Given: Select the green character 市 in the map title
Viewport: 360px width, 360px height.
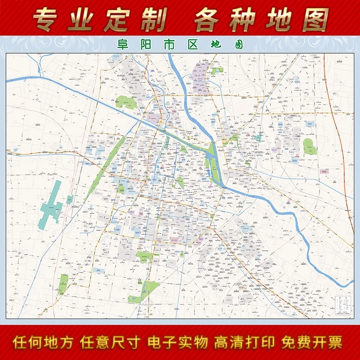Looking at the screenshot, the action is [173, 45].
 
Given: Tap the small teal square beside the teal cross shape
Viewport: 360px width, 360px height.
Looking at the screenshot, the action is [70, 200].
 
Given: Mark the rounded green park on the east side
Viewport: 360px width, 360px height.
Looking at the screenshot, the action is [309, 146].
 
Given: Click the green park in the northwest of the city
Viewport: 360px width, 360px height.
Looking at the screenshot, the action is [126, 102].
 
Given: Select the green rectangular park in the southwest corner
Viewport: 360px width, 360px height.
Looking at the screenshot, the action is [63, 284].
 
